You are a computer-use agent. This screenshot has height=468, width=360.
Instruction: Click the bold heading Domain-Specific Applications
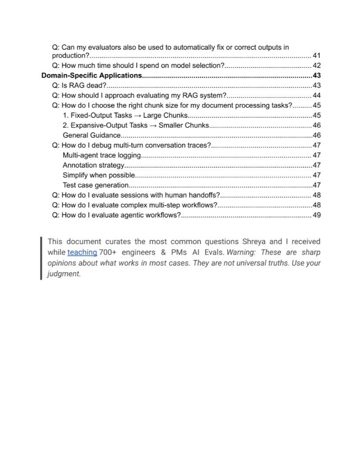point(92,75)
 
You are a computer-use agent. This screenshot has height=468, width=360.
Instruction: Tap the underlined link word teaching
point(82,252)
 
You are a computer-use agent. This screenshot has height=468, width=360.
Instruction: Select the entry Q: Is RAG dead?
point(79,85)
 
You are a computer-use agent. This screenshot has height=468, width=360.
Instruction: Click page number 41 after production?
point(316,56)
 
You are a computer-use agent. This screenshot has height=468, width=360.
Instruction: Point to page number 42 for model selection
point(316,66)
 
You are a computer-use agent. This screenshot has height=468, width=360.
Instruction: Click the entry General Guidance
point(91,135)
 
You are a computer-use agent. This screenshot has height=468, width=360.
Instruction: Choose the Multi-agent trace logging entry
point(102,155)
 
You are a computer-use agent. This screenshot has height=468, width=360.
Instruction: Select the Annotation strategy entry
point(94,165)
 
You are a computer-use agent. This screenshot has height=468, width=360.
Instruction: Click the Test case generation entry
point(95,185)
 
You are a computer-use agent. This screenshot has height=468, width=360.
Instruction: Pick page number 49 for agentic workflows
point(316,215)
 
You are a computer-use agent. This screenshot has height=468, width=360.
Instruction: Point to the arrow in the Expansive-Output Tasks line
point(153,125)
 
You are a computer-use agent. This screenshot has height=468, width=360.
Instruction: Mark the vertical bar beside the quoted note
point(41,258)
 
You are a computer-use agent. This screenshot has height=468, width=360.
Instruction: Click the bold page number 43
point(316,75)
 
